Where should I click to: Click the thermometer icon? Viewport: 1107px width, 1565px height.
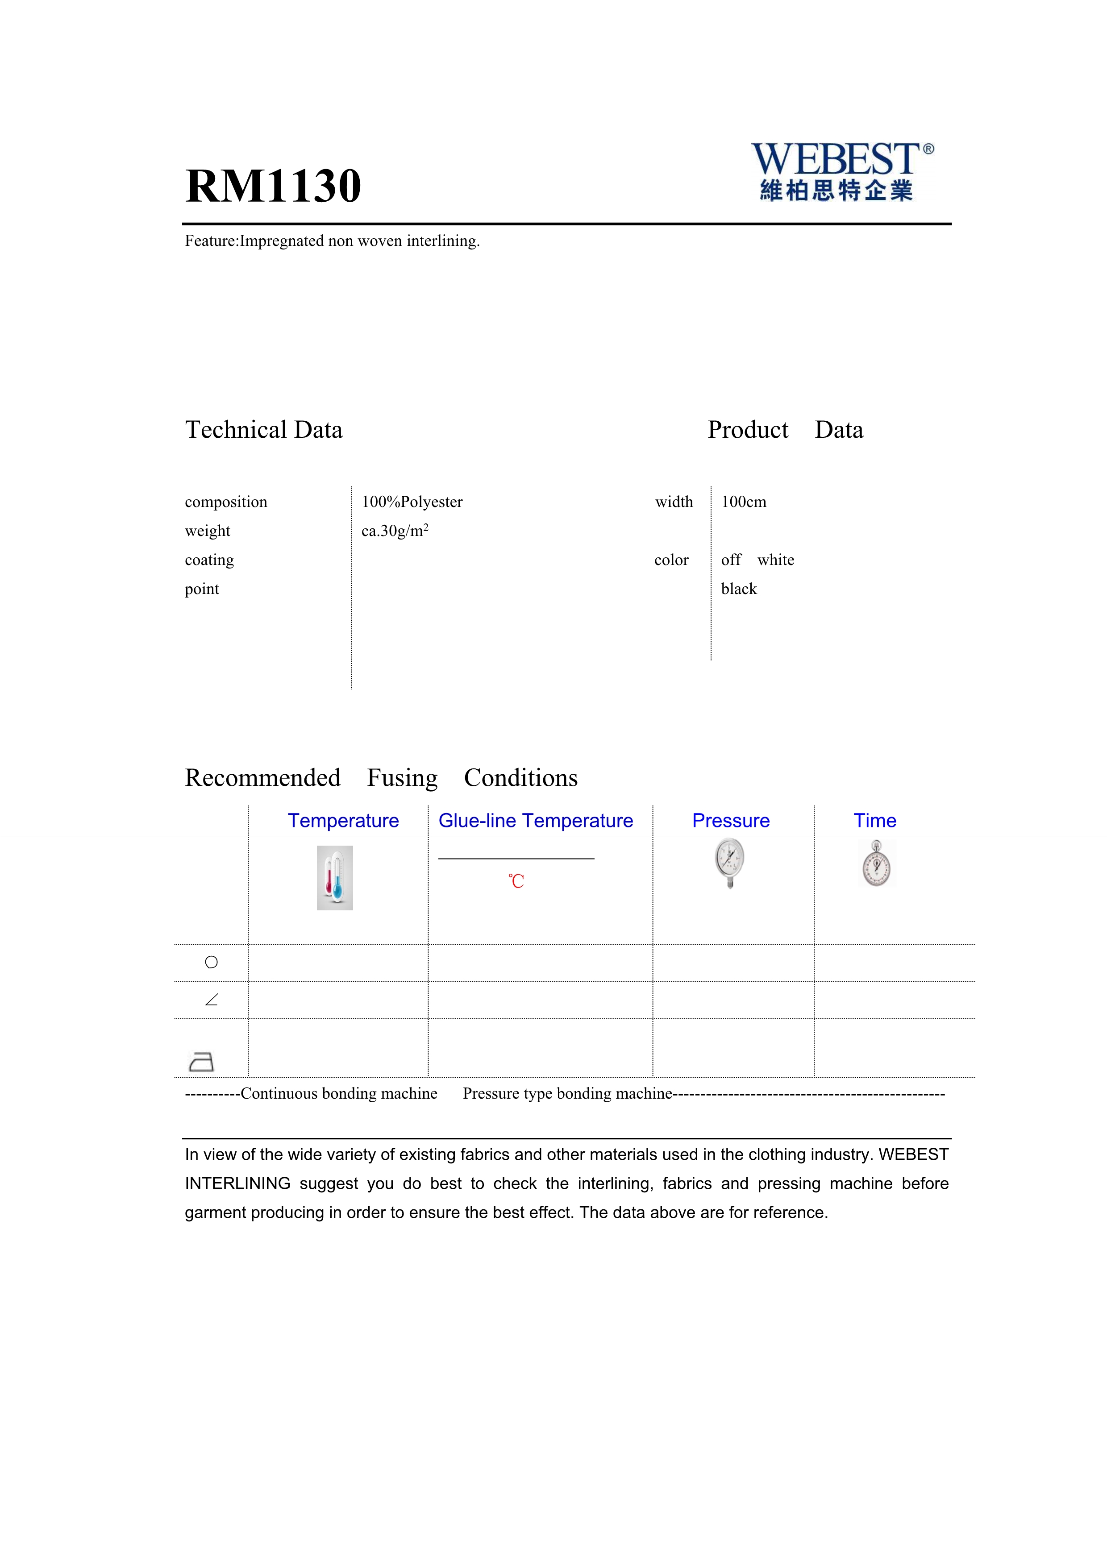point(335,877)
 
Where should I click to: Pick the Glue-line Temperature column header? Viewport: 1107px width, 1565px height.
point(535,821)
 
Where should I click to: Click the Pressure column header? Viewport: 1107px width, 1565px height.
point(731,821)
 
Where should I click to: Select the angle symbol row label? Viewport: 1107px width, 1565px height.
point(211,1000)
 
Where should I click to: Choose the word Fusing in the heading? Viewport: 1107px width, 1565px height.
point(402,778)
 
